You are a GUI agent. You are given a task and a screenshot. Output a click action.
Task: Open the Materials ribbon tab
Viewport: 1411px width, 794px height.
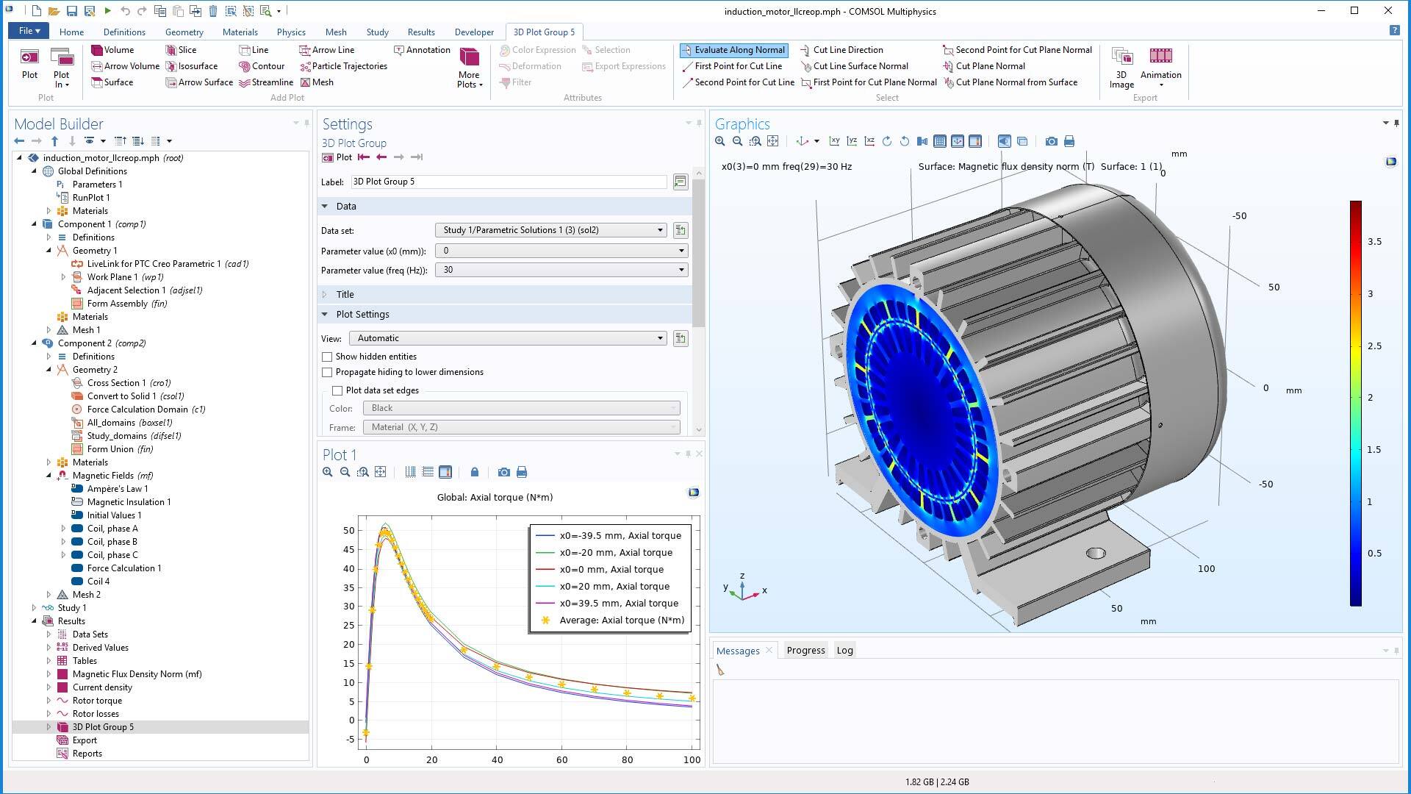pyautogui.click(x=240, y=32)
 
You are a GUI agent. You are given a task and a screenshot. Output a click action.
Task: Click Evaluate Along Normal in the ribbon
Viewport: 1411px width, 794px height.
pyautogui.click(x=733, y=50)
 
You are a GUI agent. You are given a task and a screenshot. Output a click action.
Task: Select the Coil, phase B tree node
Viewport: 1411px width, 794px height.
pyautogui.click(x=112, y=542)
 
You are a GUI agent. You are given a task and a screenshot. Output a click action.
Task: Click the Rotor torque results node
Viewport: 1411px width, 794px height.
pyautogui.click(x=97, y=701)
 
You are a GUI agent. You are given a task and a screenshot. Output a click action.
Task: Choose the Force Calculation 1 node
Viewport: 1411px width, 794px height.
pyautogui.click(x=123, y=568)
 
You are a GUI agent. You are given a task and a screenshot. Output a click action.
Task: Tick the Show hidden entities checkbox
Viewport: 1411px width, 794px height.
pyautogui.click(x=328, y=357)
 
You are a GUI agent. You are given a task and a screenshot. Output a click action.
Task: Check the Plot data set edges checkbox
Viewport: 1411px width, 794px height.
pyautogui.click(x=338, y=390)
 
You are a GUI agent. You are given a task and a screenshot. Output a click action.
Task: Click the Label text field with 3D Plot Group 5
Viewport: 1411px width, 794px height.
pyautogui.click(x=509, y=182)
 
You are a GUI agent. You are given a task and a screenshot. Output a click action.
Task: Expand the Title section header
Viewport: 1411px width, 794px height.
pyautogui.click(x=345, y=294)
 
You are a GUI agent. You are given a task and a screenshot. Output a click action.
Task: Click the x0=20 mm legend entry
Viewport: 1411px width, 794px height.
pyautogui.click(x=614, y=586)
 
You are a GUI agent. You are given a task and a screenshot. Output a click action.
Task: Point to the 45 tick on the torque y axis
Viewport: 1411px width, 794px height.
pyautogui.click(x=348, y=549)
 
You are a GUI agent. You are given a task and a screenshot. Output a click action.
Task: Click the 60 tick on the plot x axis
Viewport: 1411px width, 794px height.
pyautogui.click(x=561, y=759)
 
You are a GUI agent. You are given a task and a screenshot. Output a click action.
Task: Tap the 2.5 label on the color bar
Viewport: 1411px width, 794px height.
pyautogui.click(x=1374, y=346)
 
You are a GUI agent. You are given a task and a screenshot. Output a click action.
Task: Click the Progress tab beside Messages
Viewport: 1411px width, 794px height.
pyautogui.click(x=805, y=650)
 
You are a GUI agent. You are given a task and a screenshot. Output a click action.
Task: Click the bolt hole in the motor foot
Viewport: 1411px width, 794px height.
pyautogui.click(x=1095, y=553)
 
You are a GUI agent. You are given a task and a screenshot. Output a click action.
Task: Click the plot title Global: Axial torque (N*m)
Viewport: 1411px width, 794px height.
pyautogui.click(x=495, y=497)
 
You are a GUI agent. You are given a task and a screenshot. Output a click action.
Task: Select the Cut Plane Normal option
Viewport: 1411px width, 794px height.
pyautogui.click(x=989, y=66)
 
